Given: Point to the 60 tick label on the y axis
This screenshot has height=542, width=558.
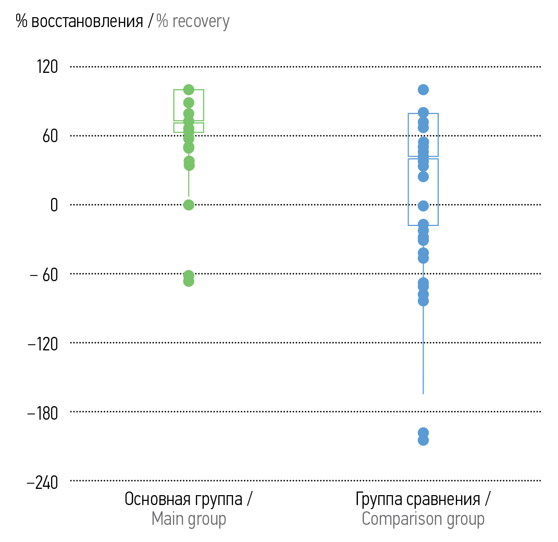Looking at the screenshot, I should pyautogui.click(x=50, y=136).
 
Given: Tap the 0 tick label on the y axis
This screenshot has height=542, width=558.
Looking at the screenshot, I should pyautogui.click(x=54, y=205).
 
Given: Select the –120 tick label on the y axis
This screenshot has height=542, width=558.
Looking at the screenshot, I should pyautogui.click(x=43, y=343).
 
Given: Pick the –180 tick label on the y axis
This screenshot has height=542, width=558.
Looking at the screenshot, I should pyautogui.click(x=43, y=412).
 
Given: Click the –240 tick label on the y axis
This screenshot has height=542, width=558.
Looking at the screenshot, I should pyautogui.click(x=43, y=482).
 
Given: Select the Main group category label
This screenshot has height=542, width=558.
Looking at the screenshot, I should pyautogui.click(x=189, y=519).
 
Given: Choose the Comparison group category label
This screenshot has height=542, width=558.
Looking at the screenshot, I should pyautogui.click(x=423, y=519).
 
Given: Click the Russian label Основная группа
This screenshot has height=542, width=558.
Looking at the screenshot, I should pyautogui.click(x=183, y=499).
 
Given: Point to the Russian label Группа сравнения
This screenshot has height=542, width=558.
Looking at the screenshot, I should pyautogui.click(x=418, y=499).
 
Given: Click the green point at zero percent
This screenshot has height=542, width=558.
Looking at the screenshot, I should pyautogui.click(x=189, y=205).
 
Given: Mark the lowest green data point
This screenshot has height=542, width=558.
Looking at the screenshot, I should pyautogui.click(x=189, y=281).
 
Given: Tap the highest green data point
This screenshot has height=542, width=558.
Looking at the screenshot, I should pyautogui.click(x=189, y=90).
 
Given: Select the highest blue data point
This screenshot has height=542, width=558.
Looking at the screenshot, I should pyautogui.click(x=423, y=90).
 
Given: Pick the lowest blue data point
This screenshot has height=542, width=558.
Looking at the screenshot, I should pyautogui.click(x=423, y=440).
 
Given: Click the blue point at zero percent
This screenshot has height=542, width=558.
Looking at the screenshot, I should pyautogui.click(x=423, y=206).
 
